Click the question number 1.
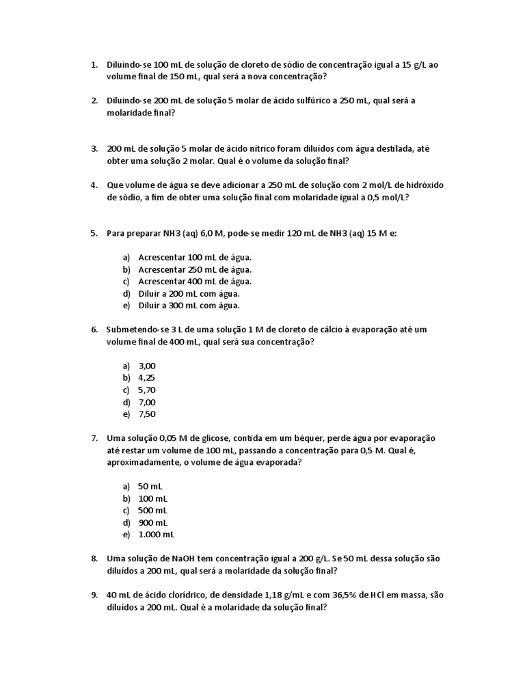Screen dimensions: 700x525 tap(94, 65)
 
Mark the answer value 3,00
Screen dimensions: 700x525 tap(147, 366)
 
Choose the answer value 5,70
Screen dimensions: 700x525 tap(147, 390)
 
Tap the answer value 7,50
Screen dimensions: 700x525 tap(147, 414)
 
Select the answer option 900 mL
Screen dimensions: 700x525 tap(152, 523)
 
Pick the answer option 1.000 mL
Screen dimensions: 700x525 tap(156, 535)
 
